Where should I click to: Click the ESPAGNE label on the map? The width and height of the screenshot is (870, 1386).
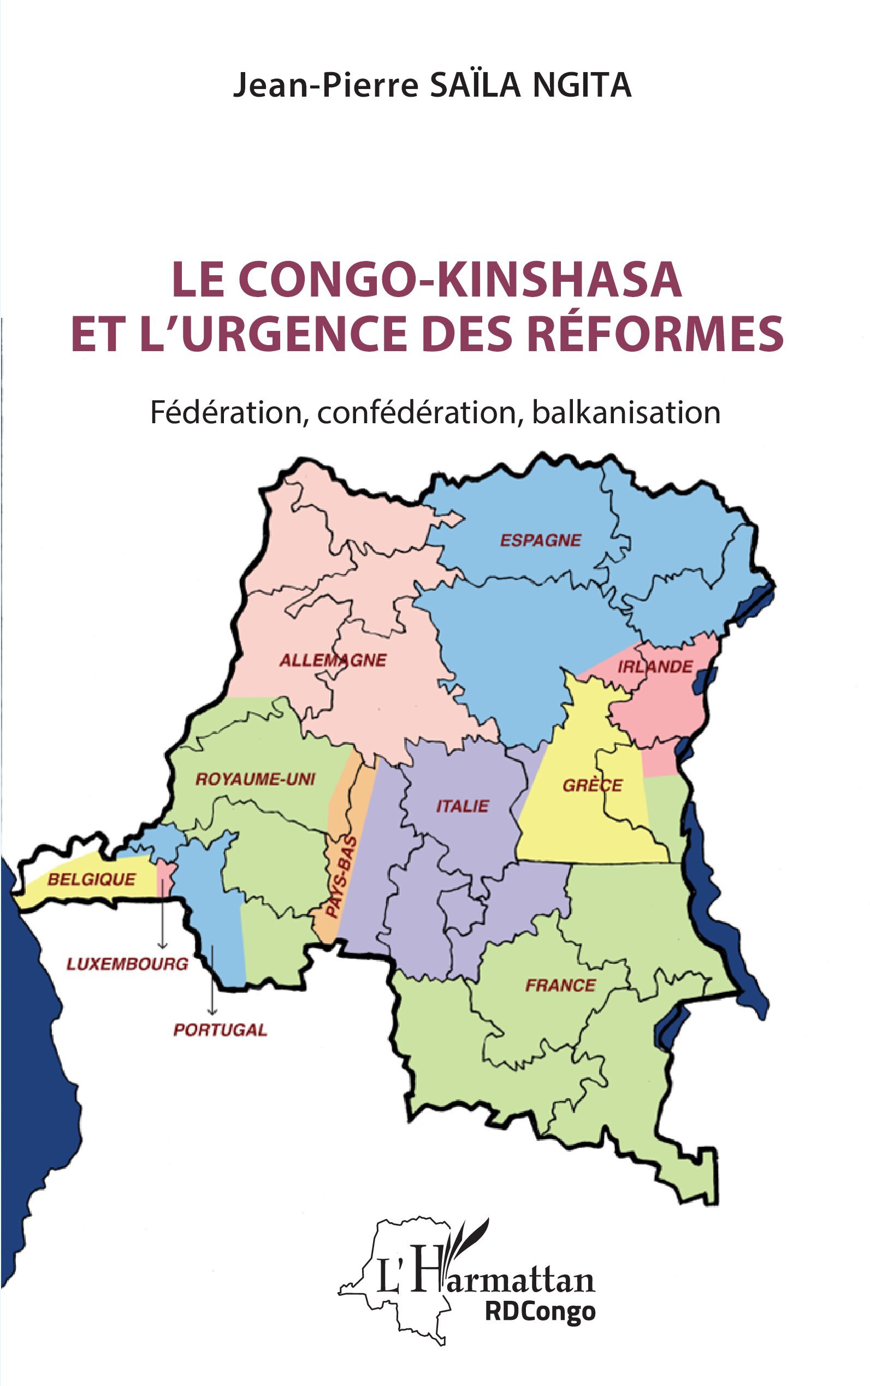coord(540,540)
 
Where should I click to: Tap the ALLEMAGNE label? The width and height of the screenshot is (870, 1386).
coord(333,660)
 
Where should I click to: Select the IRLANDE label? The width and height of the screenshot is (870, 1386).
coord(655,667)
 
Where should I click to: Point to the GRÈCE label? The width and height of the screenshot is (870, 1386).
coord(592,785)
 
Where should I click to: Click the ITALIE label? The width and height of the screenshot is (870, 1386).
coord(462,806)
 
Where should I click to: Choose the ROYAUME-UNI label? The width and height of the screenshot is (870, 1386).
coord(256,780)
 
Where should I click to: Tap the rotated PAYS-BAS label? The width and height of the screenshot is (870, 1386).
coord(342,878)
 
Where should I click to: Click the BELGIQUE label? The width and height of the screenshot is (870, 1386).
coord(92,879)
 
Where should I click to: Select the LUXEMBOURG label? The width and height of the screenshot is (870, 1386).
coord(127,964)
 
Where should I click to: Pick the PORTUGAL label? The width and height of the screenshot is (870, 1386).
coord(221,1030)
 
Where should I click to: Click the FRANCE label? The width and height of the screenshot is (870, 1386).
coord(560,986)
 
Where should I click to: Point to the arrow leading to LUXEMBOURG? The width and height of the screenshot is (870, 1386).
coord(163,915)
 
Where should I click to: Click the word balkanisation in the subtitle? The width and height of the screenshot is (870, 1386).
coord(626,412)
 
